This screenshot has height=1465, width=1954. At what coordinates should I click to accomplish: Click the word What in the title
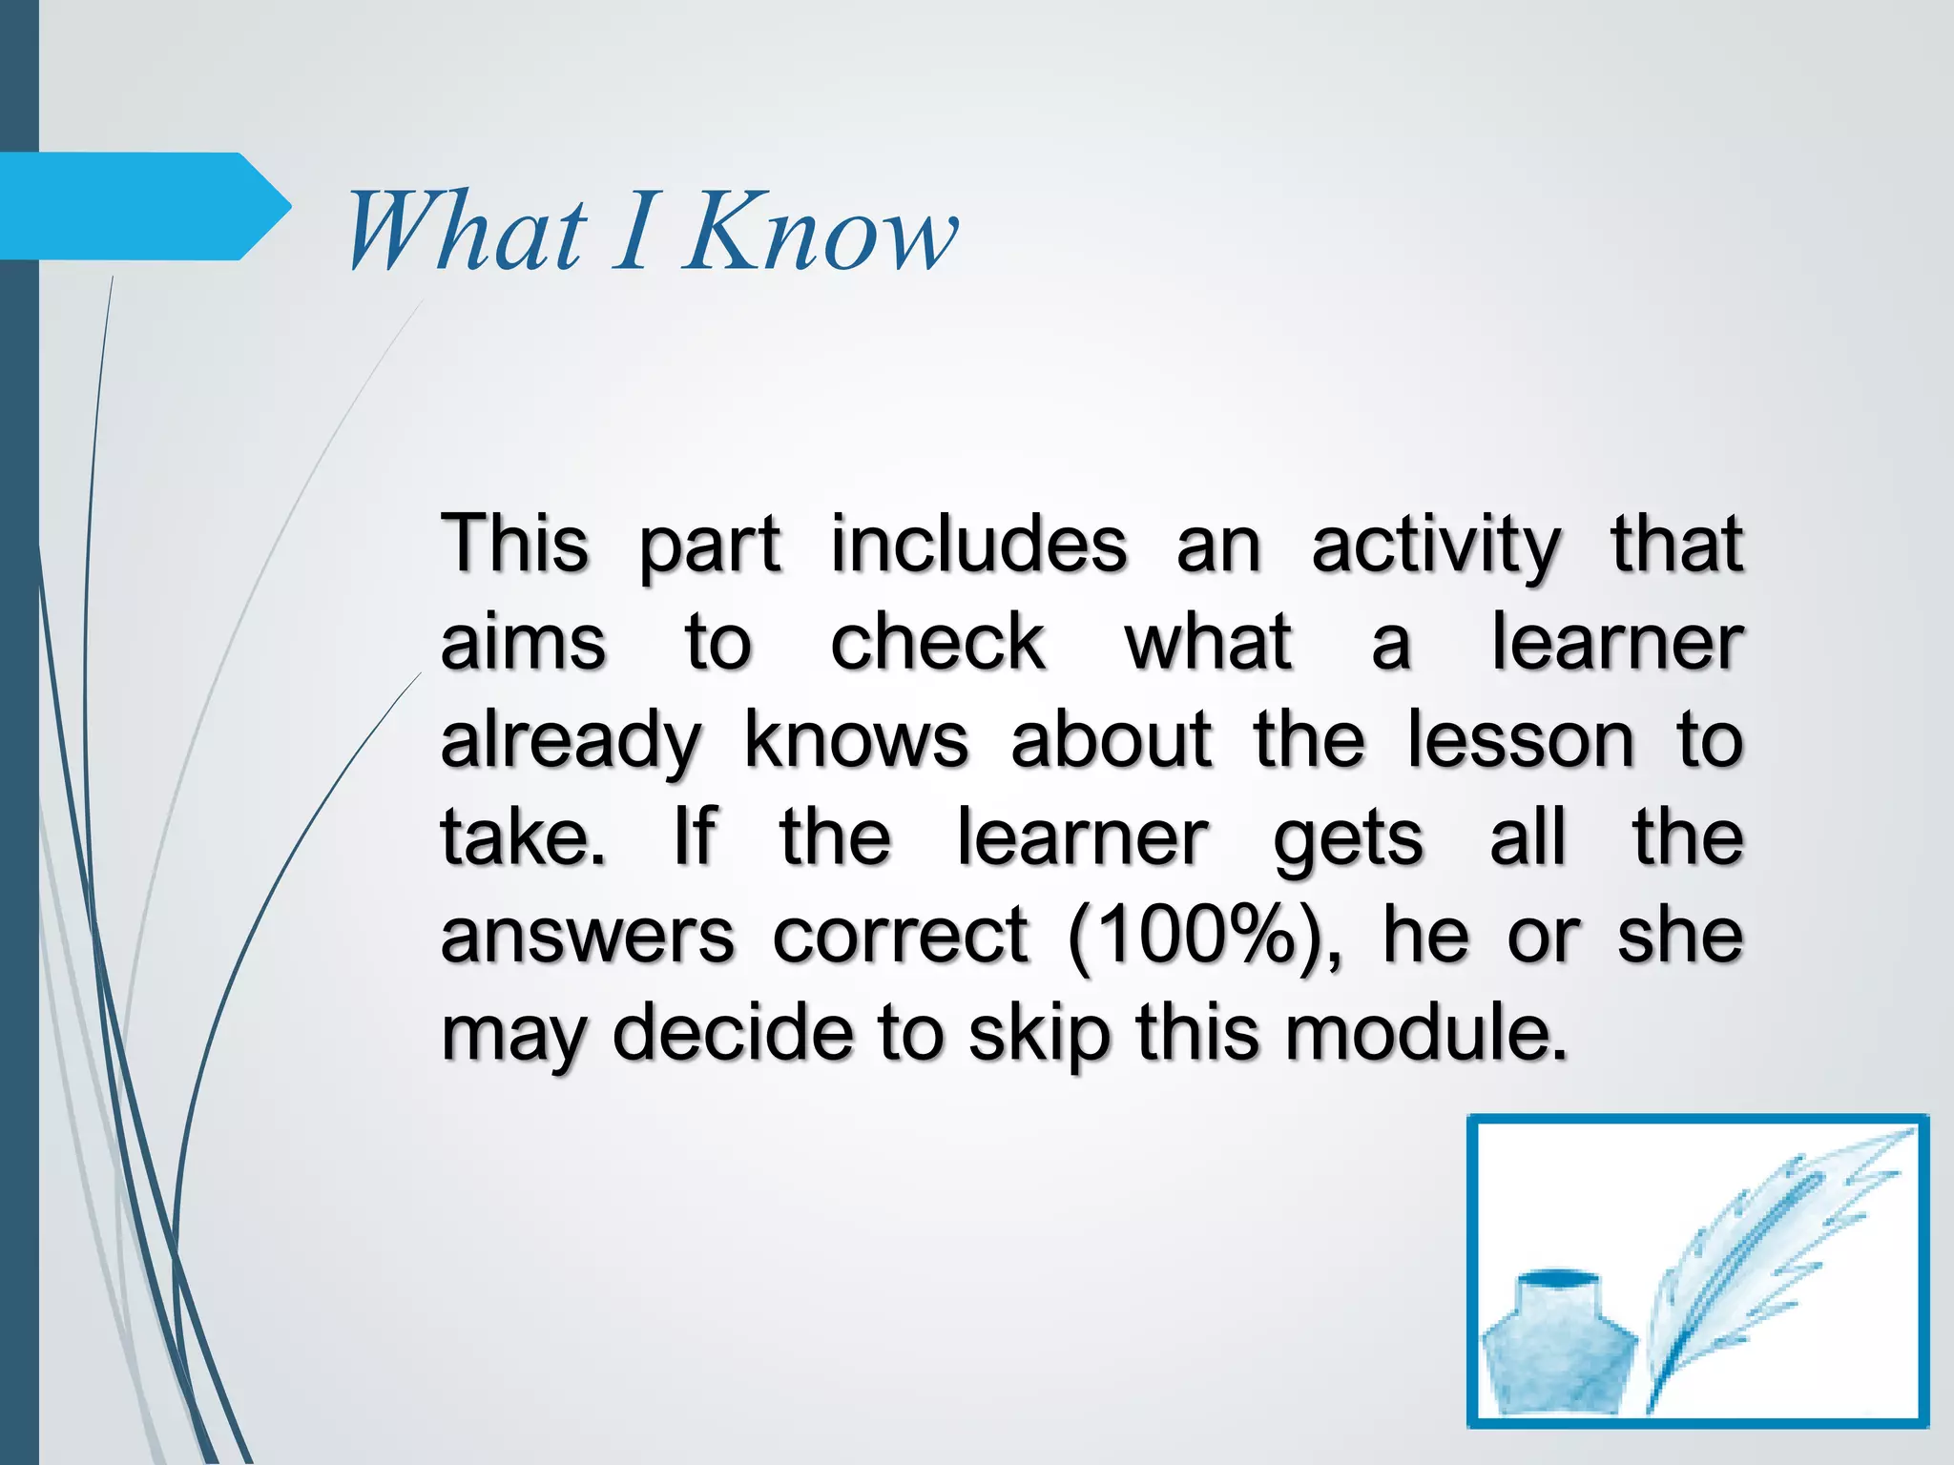466,231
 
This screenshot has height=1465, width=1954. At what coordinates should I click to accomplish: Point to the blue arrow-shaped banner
143,206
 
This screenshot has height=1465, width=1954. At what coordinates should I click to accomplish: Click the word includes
979,544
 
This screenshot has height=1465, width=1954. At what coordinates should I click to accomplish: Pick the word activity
1435,546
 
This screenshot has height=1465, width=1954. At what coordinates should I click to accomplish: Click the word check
938,642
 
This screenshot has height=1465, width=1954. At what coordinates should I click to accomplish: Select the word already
571,742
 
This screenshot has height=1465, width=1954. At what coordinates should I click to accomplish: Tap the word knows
856,740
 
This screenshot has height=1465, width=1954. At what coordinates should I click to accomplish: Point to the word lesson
1521,740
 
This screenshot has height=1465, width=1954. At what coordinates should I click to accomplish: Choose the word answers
588,937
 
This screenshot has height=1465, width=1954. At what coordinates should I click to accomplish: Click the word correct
901,937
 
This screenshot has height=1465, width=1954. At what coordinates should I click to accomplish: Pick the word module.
1425,1034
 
